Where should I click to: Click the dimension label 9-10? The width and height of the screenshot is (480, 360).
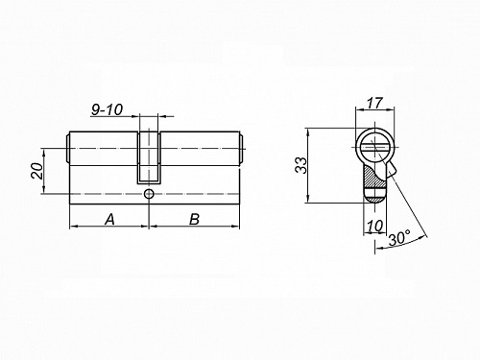[107, 109]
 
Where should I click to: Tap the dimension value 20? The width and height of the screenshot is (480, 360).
[36, 171]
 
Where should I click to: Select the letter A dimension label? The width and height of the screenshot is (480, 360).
[109, 220]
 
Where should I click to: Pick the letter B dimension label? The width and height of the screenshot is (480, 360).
[194, 220]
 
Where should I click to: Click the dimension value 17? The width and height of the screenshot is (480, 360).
[374, 103]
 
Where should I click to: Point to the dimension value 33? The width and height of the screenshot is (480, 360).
[300, 165]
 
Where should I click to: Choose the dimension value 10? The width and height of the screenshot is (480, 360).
[374, 227]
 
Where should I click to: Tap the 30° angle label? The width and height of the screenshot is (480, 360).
[399, 238]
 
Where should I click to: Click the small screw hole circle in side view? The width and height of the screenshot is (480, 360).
[149, 194]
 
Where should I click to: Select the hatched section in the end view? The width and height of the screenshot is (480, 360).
[372, 180]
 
